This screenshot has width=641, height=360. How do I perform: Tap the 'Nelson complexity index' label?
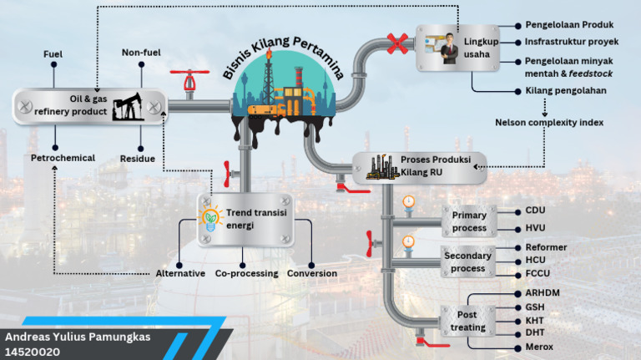(548, 123)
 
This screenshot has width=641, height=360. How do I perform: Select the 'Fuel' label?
(53, 54)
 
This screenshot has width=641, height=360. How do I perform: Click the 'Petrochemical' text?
(63, 158)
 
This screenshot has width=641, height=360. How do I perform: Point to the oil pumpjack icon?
(129, 106)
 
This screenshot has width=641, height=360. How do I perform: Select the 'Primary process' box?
(469, 221)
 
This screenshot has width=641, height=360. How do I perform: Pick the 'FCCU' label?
(538, 273)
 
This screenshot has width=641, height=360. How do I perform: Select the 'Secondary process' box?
(468, 261)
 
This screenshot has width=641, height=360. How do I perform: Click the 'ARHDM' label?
(543, 293)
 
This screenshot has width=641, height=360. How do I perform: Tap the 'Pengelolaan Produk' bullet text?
(568, 25)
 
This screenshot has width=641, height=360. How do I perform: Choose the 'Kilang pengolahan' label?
(565, 90)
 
